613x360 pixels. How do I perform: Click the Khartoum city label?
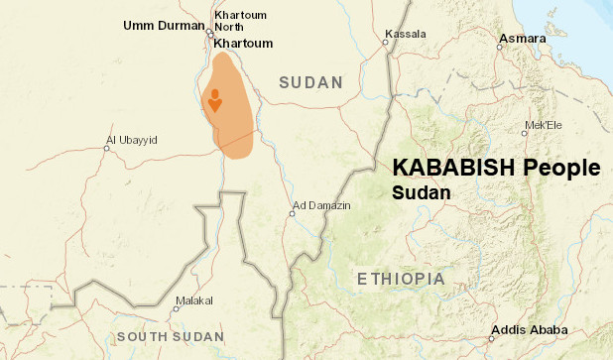[x=242, y=44]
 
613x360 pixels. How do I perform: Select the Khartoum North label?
[x=241, y=21]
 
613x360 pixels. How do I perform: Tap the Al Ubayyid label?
[x=131, y=140]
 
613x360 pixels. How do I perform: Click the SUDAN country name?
[x=310, y=82]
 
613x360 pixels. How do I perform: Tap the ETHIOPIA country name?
[x=401, y=279]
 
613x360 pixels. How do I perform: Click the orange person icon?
[x=214, y=100]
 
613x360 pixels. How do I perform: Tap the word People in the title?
[x=561, y=168]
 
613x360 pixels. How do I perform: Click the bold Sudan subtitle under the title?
[x=422, y=191]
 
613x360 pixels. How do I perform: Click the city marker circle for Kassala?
[x=387, y=42]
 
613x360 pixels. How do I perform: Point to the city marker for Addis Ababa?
[x=493, y=338]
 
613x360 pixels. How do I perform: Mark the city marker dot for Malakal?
[x=177, y=308]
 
